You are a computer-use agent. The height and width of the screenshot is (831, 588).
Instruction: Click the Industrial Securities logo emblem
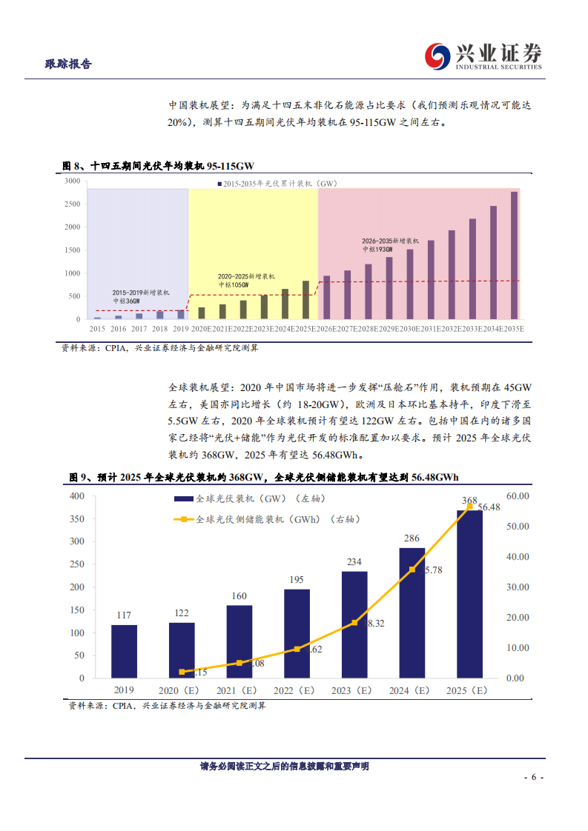click(x=437, y=56)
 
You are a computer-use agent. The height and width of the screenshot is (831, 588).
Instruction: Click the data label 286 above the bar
click(x=412, y=538)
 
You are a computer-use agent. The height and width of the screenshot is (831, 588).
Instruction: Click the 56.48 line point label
click(x=489, y=507)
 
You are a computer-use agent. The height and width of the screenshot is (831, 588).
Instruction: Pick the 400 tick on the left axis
click(x=77, y=495)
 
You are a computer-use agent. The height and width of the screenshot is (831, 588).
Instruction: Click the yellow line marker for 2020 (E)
click(x=182, y=672)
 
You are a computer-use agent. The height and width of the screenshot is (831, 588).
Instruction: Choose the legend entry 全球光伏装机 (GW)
click(x=245, y=499)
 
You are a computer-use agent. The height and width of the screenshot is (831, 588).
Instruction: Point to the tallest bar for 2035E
click(x=514, y=256)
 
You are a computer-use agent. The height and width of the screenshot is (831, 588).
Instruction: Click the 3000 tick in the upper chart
click(x=73, y=181)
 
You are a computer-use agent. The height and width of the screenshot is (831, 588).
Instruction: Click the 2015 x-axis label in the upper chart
click(x=97, y=327)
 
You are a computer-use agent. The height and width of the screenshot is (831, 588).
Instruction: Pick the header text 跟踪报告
click(x=68, y=64)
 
